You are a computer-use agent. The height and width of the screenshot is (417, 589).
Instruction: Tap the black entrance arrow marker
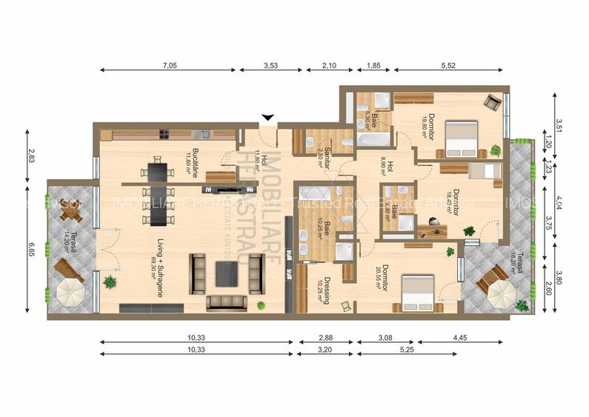(x=268, y=117)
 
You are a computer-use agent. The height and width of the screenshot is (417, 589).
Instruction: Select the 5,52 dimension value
(x=447, y=66)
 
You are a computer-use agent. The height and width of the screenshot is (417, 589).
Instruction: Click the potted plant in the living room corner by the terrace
(x=110, y=281)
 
